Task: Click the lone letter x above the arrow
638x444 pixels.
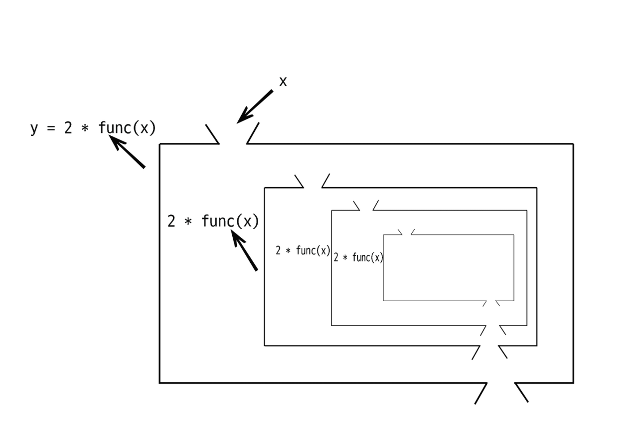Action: click(x=283, y=82)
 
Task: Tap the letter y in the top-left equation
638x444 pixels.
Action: click(x=34, y=128)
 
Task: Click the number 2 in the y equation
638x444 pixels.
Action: click(x=67, y=128)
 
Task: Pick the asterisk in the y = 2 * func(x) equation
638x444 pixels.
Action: click(x=84, y=128)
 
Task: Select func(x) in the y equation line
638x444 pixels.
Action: click(x=128, y=128)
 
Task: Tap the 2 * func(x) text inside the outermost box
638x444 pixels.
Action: click(x=213, y=221)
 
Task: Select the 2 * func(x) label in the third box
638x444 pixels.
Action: click(x=358, y=257)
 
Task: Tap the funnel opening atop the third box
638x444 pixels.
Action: click(x=366, y=205)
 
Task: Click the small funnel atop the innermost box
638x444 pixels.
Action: click(x=405, y=231)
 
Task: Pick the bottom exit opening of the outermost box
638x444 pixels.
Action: click(x=500, y=393)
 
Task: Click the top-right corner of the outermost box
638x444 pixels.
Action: click(x=574, y=144)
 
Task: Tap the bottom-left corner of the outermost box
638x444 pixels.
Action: click(x=160, y=383)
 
